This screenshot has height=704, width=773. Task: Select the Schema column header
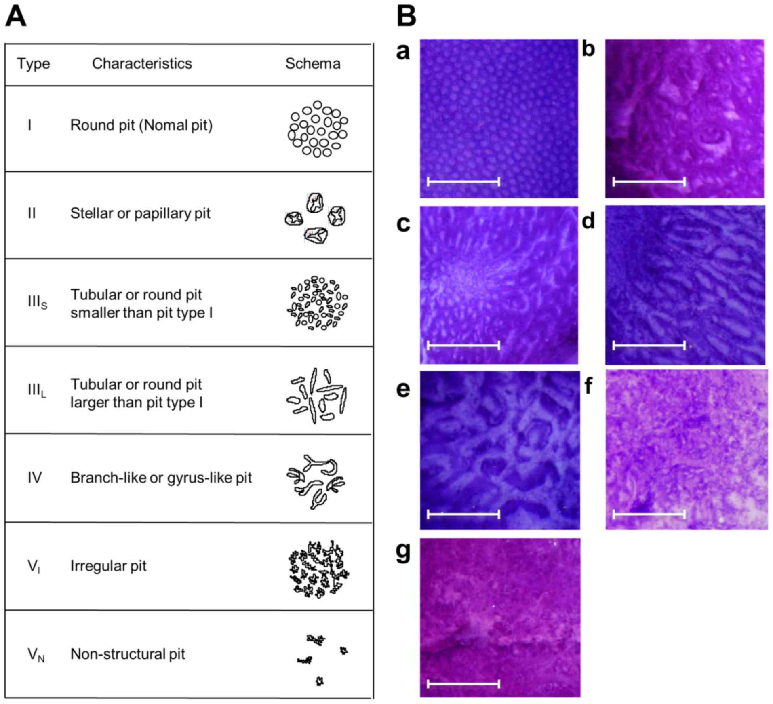coord(313,64)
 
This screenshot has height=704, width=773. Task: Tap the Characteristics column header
coord(142,64)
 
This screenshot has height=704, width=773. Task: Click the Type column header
coord(34,64)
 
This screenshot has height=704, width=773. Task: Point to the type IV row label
coord(35,478)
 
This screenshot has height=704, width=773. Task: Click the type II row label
coord(32,213)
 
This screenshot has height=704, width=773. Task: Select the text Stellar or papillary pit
coord(140,213)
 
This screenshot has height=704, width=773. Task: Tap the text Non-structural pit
coord(128,654)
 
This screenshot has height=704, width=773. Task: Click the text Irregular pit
coord(108,566)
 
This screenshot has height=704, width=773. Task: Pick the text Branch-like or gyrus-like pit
coord(161,478)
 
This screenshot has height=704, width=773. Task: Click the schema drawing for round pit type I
coord(318,129)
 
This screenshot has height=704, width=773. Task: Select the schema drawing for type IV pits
coord(316,481)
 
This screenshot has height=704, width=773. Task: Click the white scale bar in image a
coord(463,181)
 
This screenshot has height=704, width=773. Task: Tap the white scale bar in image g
coord(463,684)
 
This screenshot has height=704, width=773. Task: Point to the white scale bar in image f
coord(649,514)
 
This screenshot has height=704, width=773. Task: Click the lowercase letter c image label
coord(403,223)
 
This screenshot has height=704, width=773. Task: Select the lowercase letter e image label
coord(403,389)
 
